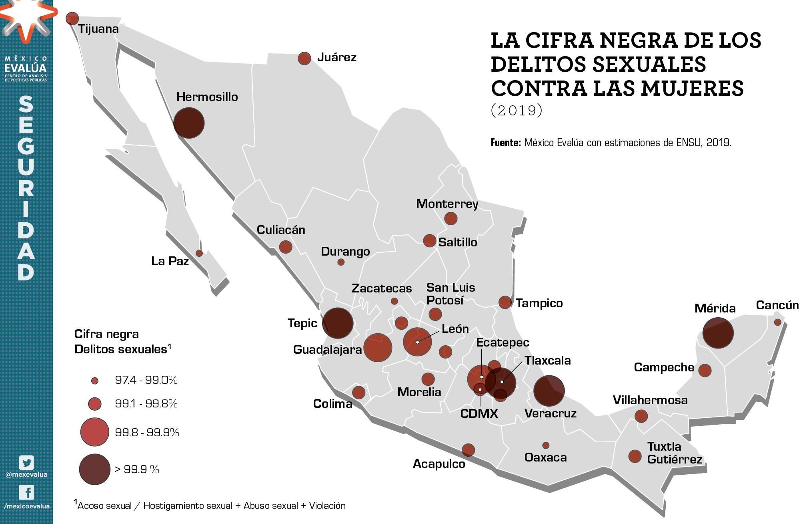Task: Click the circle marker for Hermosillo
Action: (189, 123)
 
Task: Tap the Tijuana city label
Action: (98, 29)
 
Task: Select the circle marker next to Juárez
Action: (304, 58)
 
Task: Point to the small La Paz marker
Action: (199, 253)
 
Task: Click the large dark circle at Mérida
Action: (718, 333)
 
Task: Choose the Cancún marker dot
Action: (777, 322)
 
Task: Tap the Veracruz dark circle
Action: (549, 391)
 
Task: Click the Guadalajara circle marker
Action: (377, 348)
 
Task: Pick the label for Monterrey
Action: (447, 204)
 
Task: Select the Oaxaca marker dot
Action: (546, 445)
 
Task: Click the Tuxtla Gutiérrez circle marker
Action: (635, 456)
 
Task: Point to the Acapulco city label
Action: (439, 464)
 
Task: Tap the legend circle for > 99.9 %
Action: (94, 469)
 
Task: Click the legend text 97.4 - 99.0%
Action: (146, 380)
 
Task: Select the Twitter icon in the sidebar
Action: (26, 463)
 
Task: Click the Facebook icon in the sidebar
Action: (26, 492)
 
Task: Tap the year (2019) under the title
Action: (517, 110)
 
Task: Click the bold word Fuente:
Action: (505, 143)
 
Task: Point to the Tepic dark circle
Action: (338, 323)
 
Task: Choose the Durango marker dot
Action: (341, 262)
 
